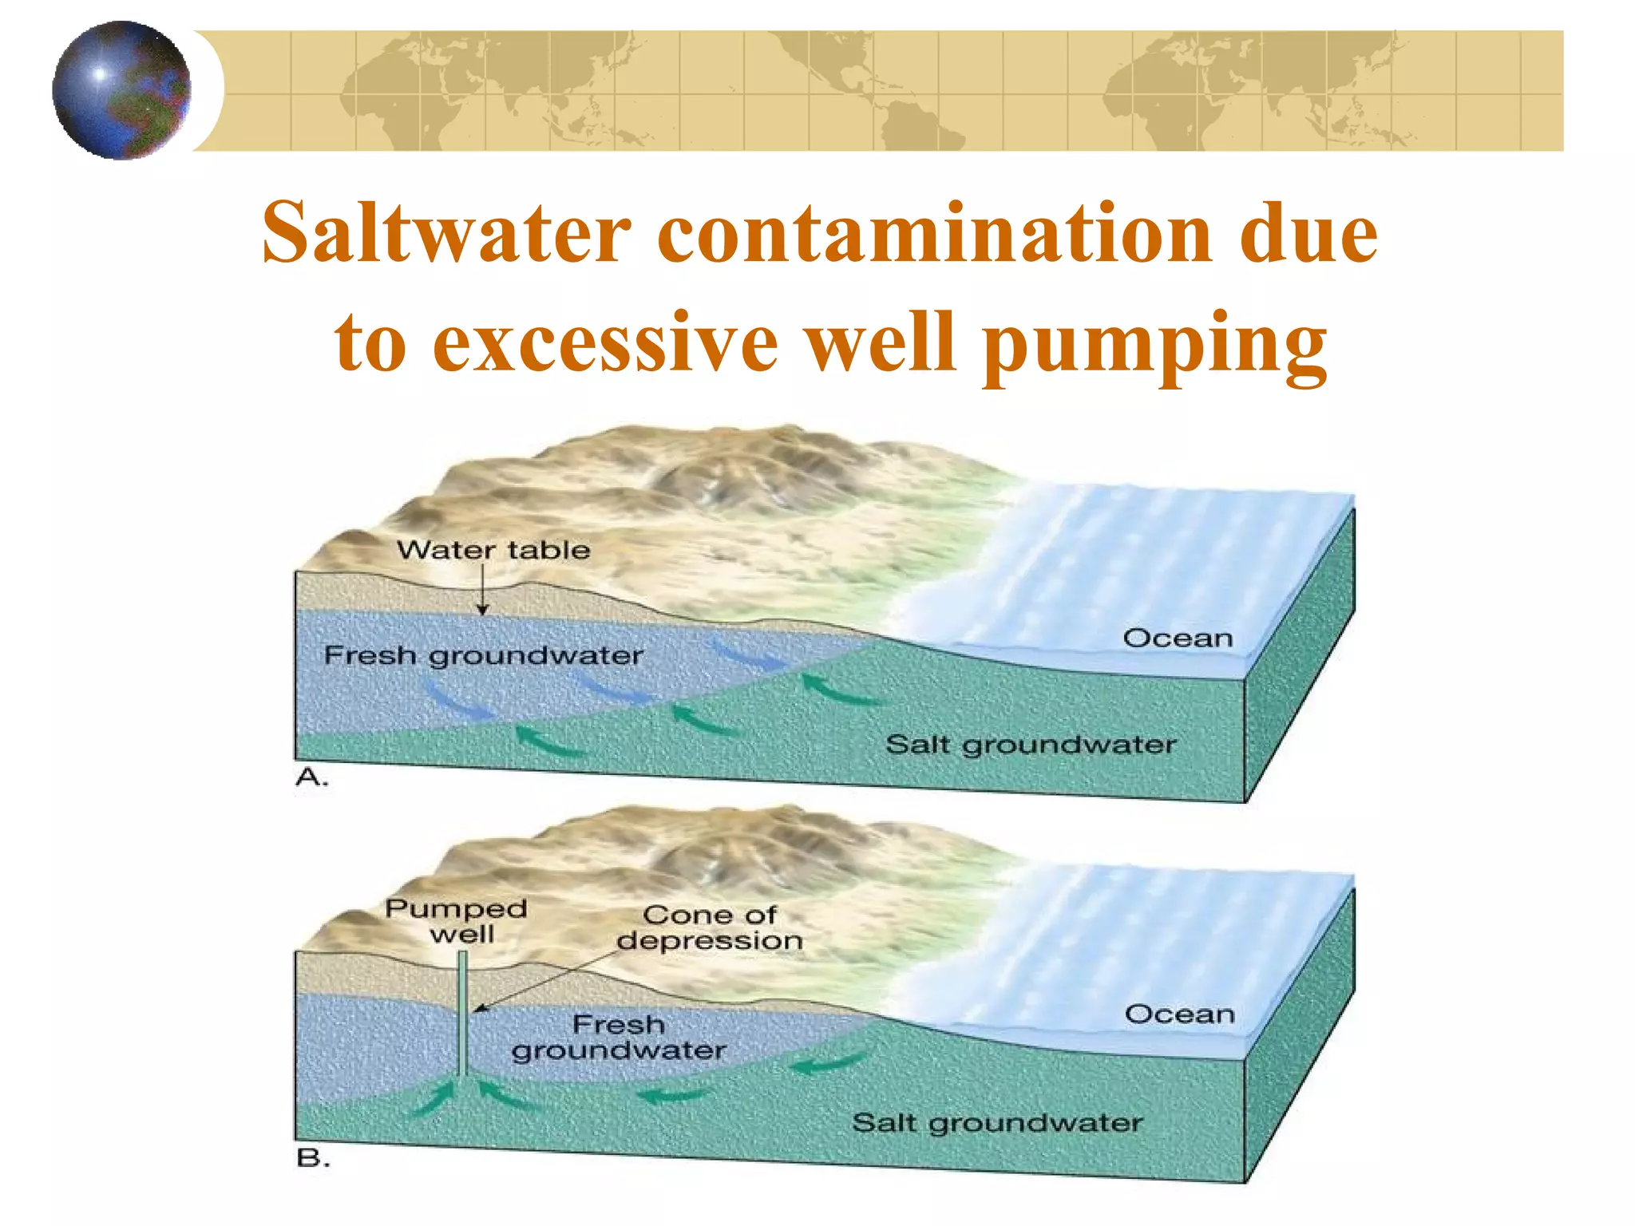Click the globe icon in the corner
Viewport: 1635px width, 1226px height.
(121, 90)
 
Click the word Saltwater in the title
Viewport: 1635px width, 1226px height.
(447, 233)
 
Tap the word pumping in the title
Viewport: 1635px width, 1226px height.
(1154, 345)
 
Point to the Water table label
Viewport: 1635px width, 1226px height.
(493, 550)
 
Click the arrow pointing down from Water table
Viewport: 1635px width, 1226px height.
(482, 591)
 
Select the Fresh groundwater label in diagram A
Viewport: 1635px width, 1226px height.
(483, 656)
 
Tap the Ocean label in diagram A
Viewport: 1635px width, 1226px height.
(1178, 639)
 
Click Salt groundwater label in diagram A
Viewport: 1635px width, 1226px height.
(1031, 745)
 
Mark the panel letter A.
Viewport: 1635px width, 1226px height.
(311, 777)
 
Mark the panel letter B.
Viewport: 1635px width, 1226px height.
(312, 1158)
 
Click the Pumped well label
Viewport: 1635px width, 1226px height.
(457, 921)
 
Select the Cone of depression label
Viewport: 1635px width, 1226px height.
(709, 927)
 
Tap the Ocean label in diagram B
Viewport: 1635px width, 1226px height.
(1179, 1014)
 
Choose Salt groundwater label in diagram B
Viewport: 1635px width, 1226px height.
(997, 1123)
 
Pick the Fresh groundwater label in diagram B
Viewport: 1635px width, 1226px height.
(619, 1037)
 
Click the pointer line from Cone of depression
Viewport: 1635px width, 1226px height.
(551, 979)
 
